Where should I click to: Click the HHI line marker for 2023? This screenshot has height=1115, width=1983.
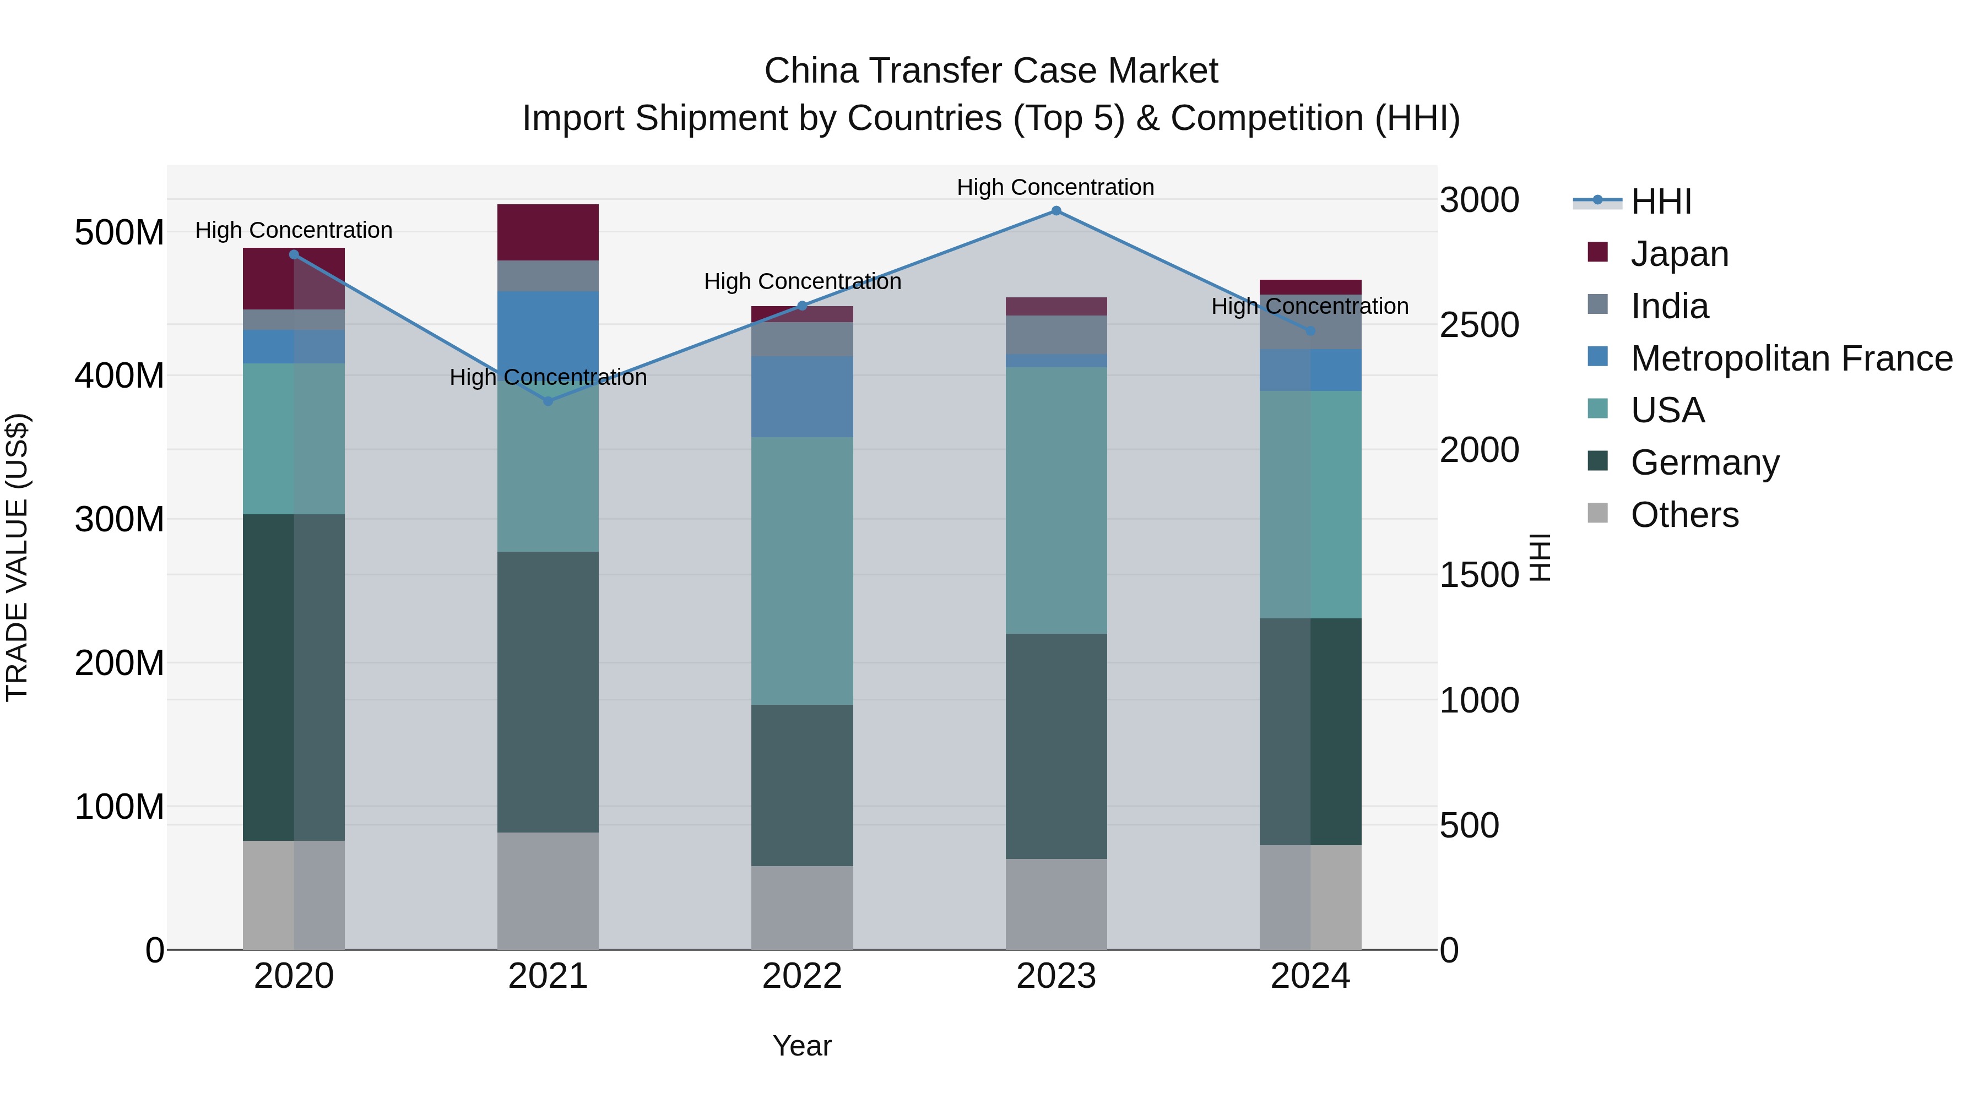1056,211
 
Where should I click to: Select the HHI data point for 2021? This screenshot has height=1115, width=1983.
548,401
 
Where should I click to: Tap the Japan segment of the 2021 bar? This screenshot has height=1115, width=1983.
548,232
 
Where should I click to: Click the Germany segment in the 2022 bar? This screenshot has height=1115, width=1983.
802,785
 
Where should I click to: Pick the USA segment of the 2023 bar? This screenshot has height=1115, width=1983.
1056,500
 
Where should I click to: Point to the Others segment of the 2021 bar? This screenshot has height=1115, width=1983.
548,890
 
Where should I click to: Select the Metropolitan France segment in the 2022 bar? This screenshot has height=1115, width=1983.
802,396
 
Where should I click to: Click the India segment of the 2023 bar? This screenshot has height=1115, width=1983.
1056,335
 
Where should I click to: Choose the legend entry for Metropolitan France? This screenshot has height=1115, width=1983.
1791,358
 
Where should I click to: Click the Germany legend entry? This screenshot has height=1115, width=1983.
1704,463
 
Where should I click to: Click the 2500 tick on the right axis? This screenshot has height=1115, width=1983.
1479,325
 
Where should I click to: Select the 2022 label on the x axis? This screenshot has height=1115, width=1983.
802,976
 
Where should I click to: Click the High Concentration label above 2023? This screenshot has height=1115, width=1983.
1055,187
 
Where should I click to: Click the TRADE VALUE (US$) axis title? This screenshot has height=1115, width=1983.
17,557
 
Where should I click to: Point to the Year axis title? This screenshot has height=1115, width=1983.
802,1046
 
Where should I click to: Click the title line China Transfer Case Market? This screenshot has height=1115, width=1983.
991,71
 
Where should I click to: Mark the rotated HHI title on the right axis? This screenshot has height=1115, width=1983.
1539,557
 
